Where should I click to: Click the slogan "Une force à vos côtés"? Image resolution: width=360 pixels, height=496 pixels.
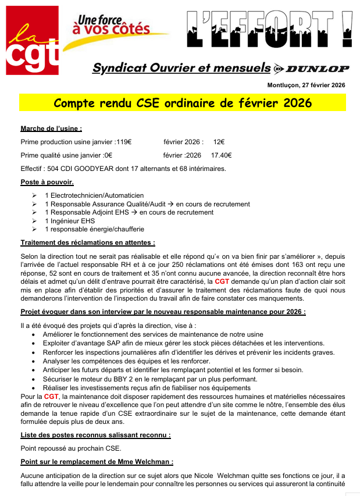coord(111,25)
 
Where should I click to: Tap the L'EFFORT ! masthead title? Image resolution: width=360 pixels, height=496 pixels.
coord(269,30)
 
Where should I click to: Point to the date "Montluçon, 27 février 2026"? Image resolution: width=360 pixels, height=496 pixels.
coord(306,85)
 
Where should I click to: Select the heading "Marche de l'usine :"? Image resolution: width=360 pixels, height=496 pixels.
coord(51,129)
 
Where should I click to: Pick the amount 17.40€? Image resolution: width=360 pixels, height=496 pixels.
coord(221,155)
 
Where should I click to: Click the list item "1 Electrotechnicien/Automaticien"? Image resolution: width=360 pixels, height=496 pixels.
coord(94,195)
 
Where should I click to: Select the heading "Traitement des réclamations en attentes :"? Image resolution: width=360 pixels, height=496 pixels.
coord(88,242)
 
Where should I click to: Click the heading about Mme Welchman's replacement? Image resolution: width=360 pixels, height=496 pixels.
coord(97,462)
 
